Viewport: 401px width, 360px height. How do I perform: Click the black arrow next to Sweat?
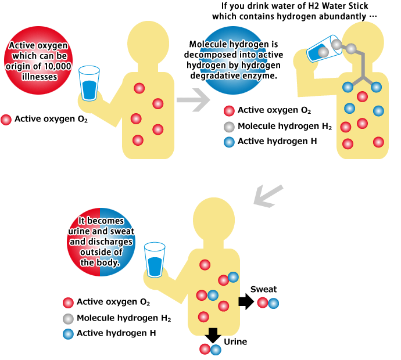click(x=246, y=302)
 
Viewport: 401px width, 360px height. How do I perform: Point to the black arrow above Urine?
click(x=212, y=335)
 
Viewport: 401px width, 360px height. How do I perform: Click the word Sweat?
click(x=263, y=289)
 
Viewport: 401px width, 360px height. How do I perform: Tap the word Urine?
click(x=235, y=342)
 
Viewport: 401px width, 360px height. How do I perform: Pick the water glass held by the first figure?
click(x=89, y=85)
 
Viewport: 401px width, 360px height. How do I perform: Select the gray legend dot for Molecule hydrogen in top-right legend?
click(x=229, y=126)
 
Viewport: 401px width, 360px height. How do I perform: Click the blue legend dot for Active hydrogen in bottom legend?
click(x=68, y=334)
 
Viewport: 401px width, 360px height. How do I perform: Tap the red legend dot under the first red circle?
click(x=6, y=120)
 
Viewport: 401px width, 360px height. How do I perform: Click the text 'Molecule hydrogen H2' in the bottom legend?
click(x=123, y=318)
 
